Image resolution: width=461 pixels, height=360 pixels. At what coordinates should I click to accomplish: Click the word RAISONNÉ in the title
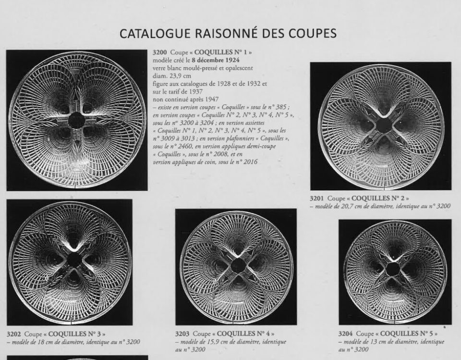(x=220, y=33)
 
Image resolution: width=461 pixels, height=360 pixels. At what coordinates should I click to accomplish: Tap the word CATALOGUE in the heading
(x=150, y=33)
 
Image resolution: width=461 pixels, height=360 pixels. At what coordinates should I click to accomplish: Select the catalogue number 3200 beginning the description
(x=159, y=52)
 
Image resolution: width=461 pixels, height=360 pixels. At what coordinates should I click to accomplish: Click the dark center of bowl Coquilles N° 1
(x=76, y=120)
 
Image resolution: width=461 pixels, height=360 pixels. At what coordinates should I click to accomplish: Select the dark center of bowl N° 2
(x=383, y=125)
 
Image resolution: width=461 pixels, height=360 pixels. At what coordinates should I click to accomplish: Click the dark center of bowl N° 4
(x=237, y=265)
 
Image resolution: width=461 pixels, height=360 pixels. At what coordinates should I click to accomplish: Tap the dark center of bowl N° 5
(x=392, y=269)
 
